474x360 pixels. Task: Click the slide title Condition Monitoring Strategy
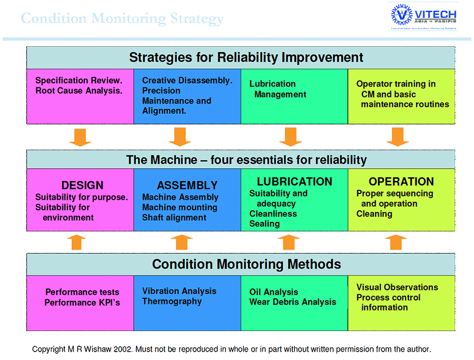122,19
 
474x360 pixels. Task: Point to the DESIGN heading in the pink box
83,186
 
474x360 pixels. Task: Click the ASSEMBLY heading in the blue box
187,186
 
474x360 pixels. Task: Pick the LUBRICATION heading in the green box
294,182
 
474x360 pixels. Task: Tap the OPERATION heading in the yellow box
401,182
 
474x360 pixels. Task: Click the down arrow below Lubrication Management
291,137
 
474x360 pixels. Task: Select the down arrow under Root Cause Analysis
80,137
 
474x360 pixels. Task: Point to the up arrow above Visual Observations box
396,242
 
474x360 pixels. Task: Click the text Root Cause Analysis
79,91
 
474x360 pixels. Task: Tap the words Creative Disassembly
187,81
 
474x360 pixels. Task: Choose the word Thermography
172,301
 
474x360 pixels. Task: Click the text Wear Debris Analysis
292,302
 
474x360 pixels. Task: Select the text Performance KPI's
82,303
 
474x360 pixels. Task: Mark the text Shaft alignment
174,218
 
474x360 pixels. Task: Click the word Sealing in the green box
264,223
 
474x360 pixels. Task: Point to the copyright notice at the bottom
232,349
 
